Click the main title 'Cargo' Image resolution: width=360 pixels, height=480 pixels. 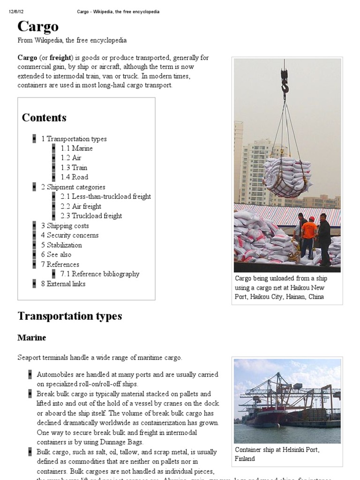click(x=38, y=27)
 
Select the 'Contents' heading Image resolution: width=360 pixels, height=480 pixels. click(x=44, y=118)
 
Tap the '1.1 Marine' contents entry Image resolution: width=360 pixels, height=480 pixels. click(x=76, y=148)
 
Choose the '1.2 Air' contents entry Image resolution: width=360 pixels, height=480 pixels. click(x=71, y=158)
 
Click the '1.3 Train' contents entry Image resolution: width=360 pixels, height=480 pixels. click(x=74, y=168)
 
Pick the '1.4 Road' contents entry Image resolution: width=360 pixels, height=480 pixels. click(x=74, y=177)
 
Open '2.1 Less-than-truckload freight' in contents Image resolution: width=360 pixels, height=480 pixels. click(x=105, y=196)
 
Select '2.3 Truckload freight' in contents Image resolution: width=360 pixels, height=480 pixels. click(x=91, y=216)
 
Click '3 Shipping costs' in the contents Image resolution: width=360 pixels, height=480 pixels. click(x=65, y=225)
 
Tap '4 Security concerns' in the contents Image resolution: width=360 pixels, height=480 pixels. click(x=69, y=235)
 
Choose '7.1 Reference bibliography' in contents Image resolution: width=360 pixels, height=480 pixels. click(x=100, y=274)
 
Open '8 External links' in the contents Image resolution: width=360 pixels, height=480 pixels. click(x=63, y=284)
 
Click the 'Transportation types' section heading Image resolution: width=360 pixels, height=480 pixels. click(x=70, y=316)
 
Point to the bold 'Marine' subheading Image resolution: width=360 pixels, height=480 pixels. click(x=31, y=337)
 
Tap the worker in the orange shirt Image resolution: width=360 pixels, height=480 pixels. click(x=308, y=234)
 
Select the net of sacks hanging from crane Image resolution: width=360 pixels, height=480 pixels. click(x=287, y=176)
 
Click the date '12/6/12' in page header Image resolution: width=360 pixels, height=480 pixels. click(x=16, y=11)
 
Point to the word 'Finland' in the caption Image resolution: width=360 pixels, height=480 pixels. click(x=245, y=458)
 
